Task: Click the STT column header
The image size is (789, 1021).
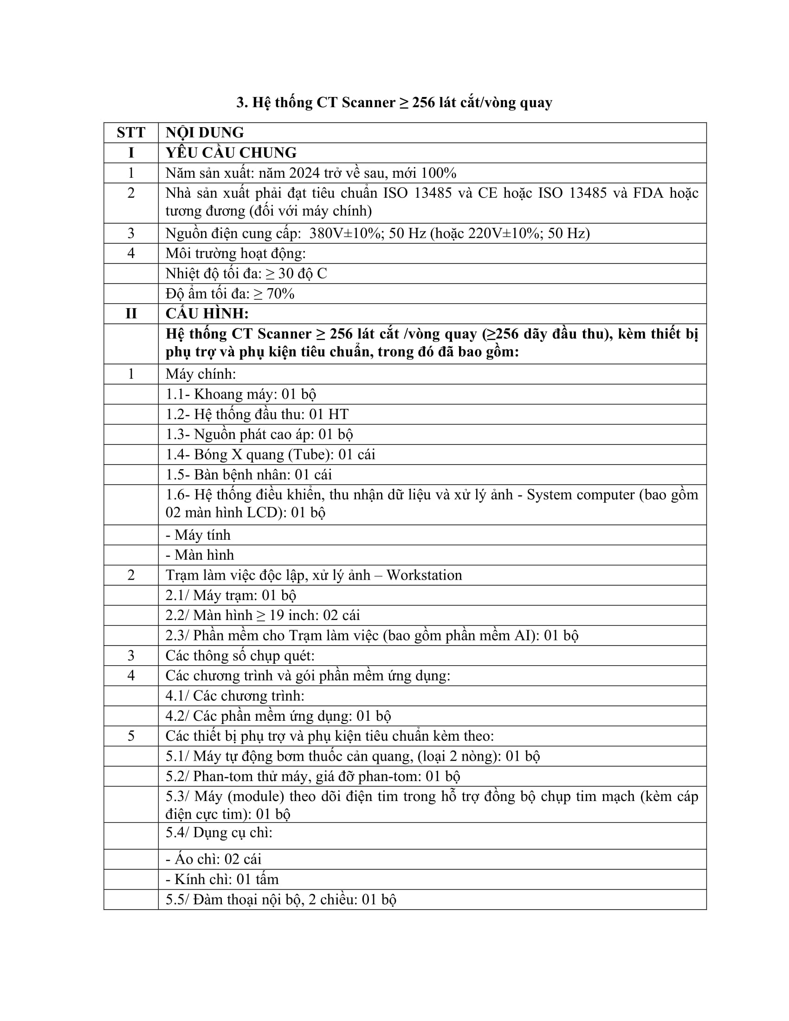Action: (131, 133)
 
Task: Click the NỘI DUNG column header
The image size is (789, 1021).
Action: (204, 133)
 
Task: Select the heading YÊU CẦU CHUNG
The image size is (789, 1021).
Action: (231, 153)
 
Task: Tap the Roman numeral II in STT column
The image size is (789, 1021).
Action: (131, 314)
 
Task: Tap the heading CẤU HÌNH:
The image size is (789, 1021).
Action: (207, 314)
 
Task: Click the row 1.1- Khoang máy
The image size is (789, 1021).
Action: (241, 394)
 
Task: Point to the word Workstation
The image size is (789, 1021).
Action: (423, 575)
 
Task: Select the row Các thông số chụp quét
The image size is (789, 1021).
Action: (240, 655)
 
